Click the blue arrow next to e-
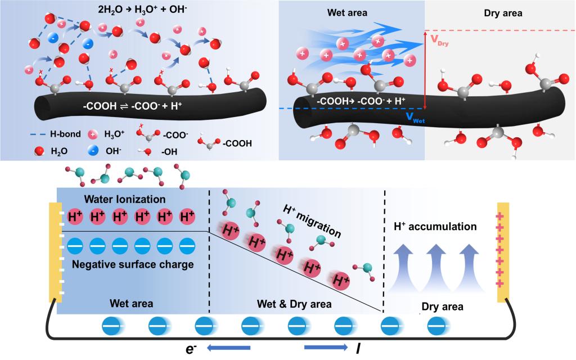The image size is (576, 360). point(228,349)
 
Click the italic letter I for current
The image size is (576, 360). point(358,349)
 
